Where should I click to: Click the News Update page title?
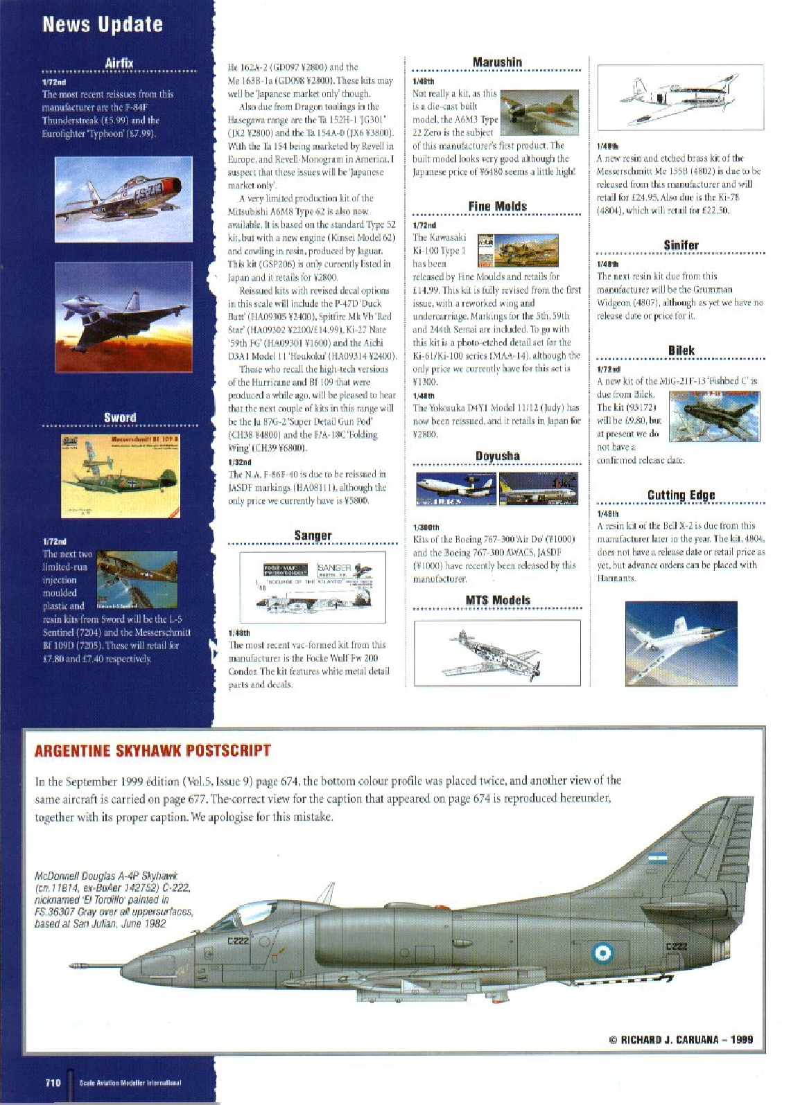(x=103, y=24)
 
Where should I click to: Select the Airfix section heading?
(x=119, y=63)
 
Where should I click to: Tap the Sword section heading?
(x=120, y=417)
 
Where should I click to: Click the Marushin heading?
(x=497, y=62)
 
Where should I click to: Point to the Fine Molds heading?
(x=497, y=206)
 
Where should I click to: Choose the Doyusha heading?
(x=497, y=456)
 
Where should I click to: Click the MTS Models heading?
(x=497, y=600)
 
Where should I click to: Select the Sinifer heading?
(x=681, y=245)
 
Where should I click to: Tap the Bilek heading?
(x=681, y=351)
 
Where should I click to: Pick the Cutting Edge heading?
(x=681, y=495)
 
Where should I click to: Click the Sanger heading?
(x=313, y=535)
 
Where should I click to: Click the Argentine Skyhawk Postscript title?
(x=153, y=750)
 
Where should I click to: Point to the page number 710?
(x=53, y=1083)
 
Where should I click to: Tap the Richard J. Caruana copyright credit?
(x=681, y=1039)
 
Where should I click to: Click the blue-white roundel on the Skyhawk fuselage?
(x=602, y=953)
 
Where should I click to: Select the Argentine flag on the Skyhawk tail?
(x=657, y=858)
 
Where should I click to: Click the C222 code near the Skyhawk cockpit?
(x=238, y=940)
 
